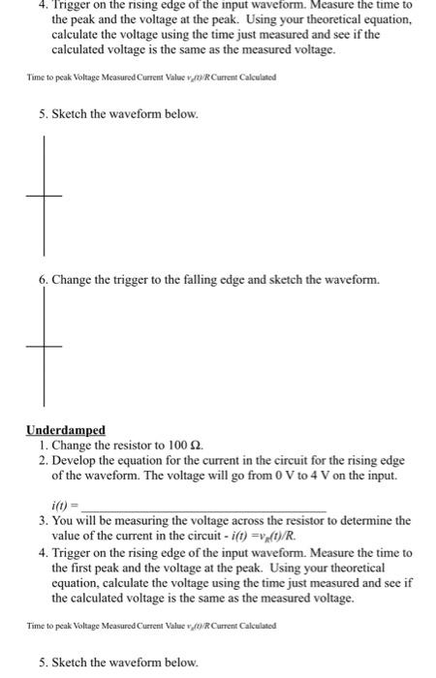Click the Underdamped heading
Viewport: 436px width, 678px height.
[x=66, y=430]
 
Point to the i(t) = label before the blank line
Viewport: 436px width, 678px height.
[x=68, y=505]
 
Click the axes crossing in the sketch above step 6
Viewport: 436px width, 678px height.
[x=43, y=196]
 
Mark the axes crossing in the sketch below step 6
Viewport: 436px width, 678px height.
[x=43, y=346]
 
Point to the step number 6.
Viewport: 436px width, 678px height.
[x=43, y=281]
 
